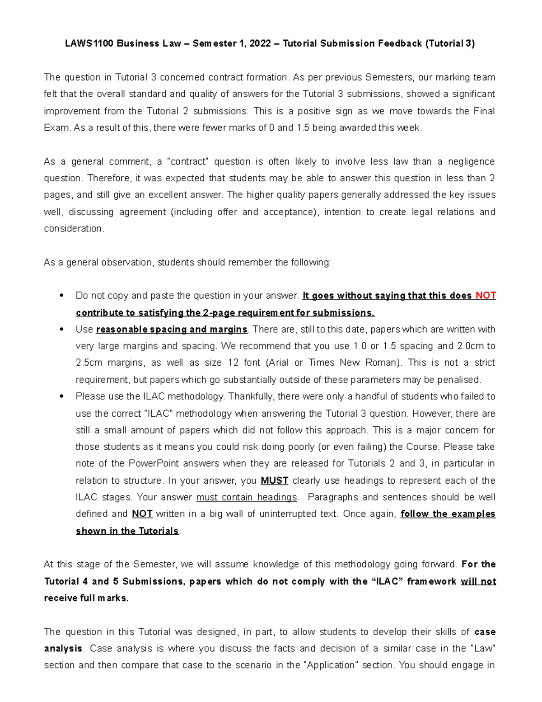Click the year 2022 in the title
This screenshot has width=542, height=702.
coord(260,44)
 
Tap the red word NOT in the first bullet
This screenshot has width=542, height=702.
coord(486,296)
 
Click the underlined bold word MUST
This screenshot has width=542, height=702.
coord(274,481)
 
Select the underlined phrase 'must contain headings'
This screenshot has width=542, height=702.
coord(247,497)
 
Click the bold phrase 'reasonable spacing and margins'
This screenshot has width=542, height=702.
coord(172,330)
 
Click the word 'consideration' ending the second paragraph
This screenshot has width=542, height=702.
coord(73,229)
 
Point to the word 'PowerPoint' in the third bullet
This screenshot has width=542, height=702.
coord(154,464)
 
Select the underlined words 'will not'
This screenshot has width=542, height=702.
coord(478,581)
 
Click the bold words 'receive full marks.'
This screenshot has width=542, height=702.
coord(86,598)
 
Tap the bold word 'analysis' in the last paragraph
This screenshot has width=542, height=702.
coord(63,649)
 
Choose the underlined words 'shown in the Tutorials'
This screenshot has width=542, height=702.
coord(127,531)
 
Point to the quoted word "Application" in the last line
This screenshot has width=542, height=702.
coord(331,665)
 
